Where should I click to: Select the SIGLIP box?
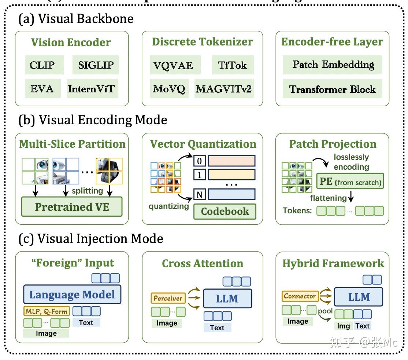(x=96, y=65)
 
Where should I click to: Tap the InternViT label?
(x=93, y=89)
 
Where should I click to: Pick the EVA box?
(x=42, y=89)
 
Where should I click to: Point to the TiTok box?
(x=232, y=65)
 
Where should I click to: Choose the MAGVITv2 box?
(x=223, y=89)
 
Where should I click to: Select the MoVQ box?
(x=170, y=89)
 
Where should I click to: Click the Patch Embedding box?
(x=333, y=65)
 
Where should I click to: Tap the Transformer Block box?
(x=333, y=89)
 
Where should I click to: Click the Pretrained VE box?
(x=72, y=207)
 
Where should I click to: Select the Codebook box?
(x=225, y=211)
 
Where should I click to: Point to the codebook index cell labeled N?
(x=199, y=194)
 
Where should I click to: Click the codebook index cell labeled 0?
(x=199, y=161)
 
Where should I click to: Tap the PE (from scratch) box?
(x=350, y=181)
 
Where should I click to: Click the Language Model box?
(x=72, y=295)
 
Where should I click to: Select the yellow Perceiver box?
(x=168, y=298)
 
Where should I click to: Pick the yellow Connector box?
(x=300, y=296)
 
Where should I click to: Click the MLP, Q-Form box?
(x=47, y=312)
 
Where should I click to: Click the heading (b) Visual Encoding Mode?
(x=93, y=120)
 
